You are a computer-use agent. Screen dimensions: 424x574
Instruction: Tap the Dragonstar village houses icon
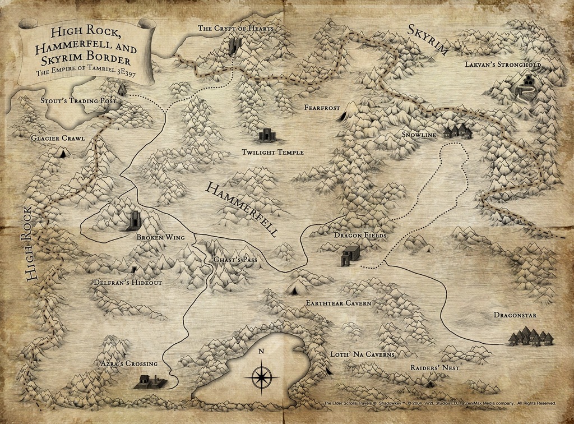pos(530,338)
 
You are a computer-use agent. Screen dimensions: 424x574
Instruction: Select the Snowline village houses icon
pos(457,131)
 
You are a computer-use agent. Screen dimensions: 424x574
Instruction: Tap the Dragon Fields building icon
pos(350,255)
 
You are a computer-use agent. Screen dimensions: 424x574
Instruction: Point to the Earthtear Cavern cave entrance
pos(294,290)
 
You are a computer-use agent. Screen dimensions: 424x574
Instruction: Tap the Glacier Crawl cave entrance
pos(62,152)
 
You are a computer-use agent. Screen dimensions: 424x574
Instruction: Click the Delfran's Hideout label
pos(128,283)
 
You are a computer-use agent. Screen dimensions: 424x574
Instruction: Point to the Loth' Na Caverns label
pos(362,354)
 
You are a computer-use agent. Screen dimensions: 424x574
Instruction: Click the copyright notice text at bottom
pos(439,403)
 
